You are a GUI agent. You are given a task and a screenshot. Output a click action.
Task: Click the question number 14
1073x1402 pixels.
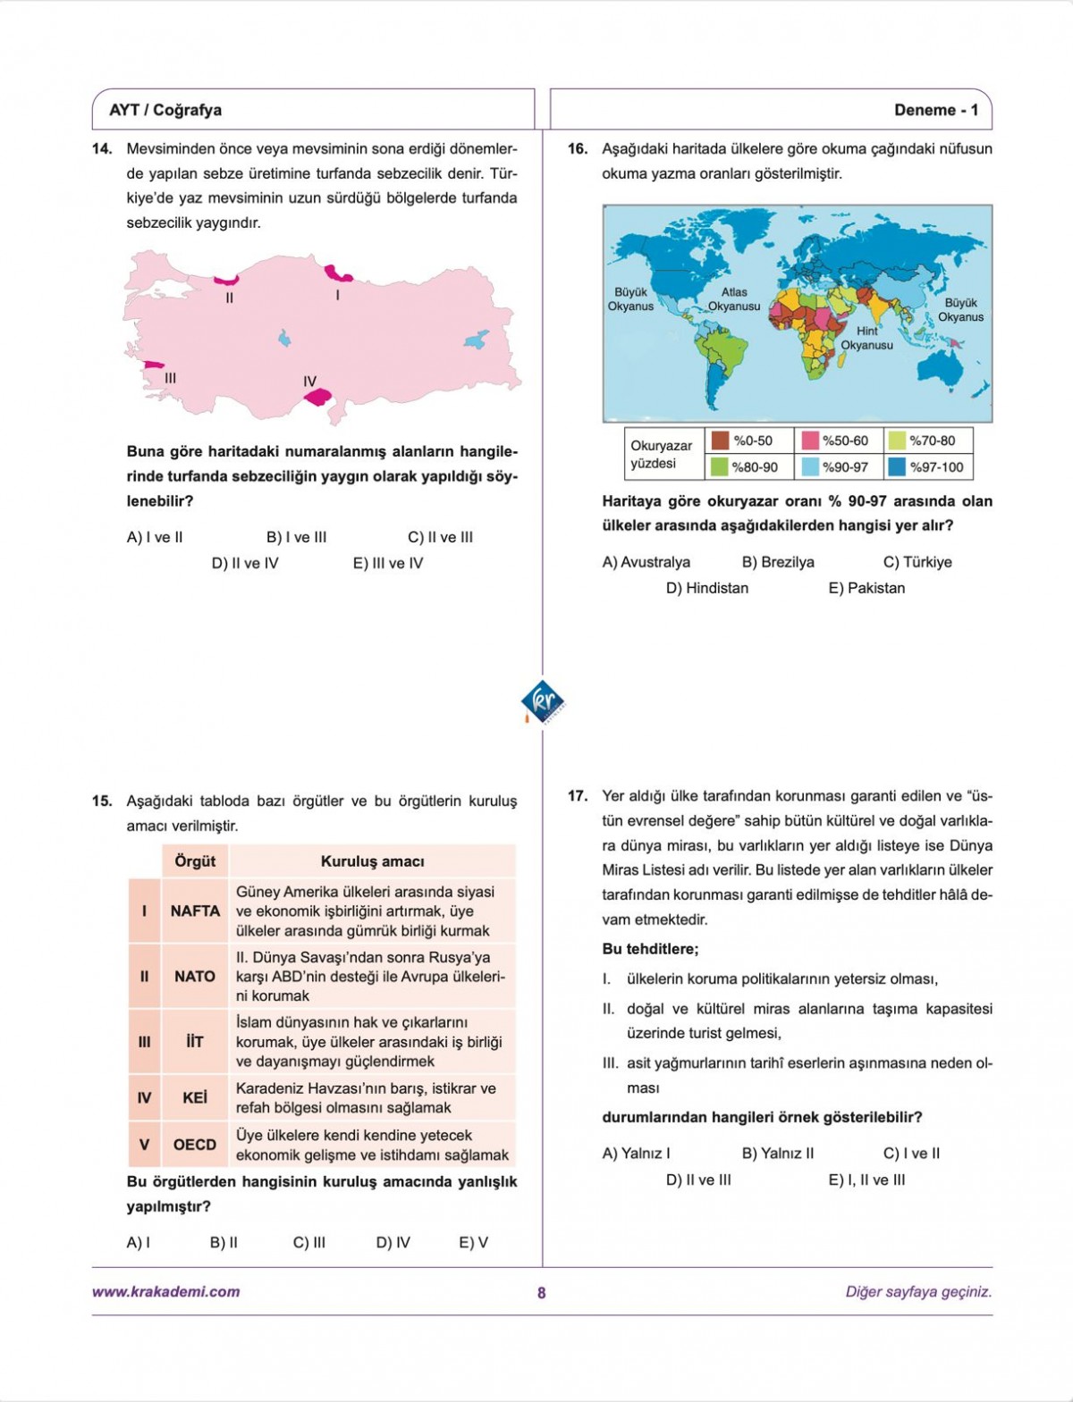click(102, 149)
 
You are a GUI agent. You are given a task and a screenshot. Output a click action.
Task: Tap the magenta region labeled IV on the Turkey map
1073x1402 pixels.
click(317, 397)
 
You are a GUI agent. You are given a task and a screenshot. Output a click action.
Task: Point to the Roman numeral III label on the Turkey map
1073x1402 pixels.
click(170, 379)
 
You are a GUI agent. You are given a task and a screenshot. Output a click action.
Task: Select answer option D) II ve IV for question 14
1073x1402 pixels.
click(245, 564)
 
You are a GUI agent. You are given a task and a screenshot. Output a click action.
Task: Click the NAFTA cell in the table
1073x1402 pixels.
click(195, 911)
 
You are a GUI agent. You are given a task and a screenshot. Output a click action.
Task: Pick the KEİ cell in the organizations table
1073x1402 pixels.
click(195, 1098)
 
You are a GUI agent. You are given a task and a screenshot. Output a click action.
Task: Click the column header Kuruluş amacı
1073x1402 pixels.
click(372, 861)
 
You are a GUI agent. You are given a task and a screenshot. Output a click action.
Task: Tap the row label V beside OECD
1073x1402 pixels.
click(145, 1145)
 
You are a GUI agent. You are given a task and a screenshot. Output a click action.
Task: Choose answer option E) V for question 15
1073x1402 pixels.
click(474, 1243)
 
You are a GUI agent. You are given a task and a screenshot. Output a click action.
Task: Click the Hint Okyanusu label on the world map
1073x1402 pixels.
click(866, 338)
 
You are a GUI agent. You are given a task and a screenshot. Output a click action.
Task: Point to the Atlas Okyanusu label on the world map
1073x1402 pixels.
click(734, 299)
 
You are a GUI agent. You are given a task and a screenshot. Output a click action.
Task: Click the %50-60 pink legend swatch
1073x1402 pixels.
click(810, 441)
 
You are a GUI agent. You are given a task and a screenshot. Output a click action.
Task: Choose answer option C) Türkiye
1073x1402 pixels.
click(917, 562)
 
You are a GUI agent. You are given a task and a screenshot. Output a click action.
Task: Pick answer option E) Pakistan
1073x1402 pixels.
click(866, 588)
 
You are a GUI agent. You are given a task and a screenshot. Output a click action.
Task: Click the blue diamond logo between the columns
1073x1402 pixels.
click(543, 702)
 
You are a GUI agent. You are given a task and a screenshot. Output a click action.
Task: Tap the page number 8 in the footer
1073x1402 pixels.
click(541, 1292)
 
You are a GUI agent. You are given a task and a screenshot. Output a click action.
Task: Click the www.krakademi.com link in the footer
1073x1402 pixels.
click(166, 1291)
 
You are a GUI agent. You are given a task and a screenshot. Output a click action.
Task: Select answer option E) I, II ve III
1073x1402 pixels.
click(866, 1180)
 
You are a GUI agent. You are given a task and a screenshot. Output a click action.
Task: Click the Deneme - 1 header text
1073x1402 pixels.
click(936, 110)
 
